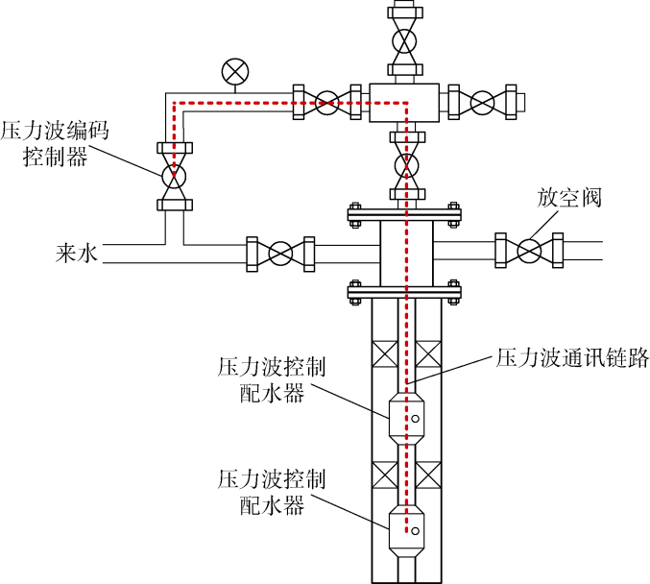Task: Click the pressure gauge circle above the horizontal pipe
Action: pos(235,72)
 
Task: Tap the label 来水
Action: pos(77,253)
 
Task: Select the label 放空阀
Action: pos(568,197)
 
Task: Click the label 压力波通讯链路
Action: pos(572,357)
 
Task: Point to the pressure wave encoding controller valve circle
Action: pos(174,177)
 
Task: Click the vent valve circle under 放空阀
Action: pos(529,251)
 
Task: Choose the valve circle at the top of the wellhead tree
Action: pos(405,41)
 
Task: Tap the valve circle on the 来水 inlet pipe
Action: pos(280,254)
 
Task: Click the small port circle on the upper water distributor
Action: pos(415,419)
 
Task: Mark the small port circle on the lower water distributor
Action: pos(415,530)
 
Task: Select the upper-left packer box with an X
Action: pos(385,353)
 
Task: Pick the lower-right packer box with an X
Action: pos(428,474)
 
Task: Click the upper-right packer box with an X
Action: pos(428,353)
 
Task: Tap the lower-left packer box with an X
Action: pos(385,474)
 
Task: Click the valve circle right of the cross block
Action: pos(483,103)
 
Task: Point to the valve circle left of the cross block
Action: pos(327,103)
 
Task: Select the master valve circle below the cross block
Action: pos(407,165)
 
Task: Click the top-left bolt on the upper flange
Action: pos(355,207)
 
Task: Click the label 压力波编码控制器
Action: pos(55,143)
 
